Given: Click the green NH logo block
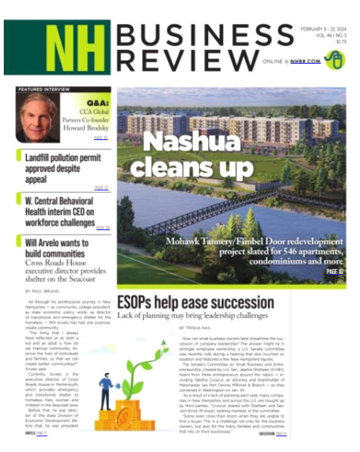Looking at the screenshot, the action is (58, 47).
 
